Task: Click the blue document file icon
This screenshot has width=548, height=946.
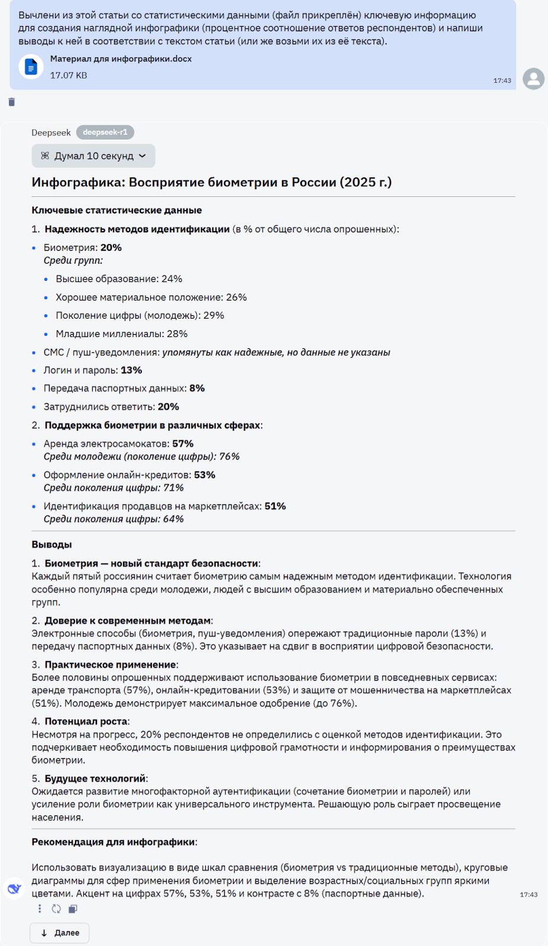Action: [x=31, y=67]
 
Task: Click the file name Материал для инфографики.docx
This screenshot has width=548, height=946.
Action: [x=121, y=59]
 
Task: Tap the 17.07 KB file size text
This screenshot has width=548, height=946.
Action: [x=69, y=76]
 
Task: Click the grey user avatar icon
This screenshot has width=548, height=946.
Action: [x=533, y=79]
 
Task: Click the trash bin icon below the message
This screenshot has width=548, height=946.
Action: [x=11, y=102]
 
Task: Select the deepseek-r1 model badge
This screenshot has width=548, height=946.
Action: [x=105, y=132]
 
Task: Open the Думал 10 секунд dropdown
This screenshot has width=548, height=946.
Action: [x=93, y=156]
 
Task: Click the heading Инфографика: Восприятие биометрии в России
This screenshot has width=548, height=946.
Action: [x=211, y=183]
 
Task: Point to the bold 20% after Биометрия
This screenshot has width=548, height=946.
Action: [x=111, y=248]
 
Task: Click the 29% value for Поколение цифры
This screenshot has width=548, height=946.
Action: [x=213, y=316]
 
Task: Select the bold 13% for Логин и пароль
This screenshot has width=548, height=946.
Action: [x=131, y=371]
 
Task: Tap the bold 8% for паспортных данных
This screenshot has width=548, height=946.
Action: [x=197, y=388]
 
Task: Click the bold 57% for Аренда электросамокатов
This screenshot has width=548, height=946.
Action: [x=183, y=444]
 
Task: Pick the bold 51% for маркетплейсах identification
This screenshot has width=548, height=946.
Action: [x=275, y=507]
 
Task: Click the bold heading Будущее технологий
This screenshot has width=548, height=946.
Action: [x=95, y=779]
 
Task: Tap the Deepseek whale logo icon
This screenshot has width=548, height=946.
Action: [x=14, y=888]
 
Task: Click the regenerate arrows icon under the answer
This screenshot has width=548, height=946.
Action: [x=56, y=909]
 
